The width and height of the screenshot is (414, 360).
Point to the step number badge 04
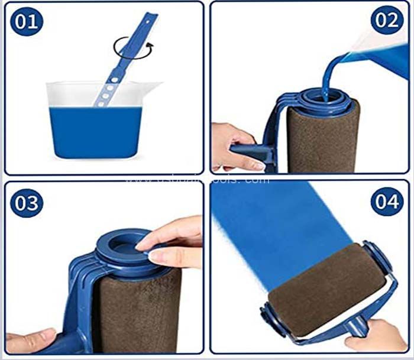[387, 203]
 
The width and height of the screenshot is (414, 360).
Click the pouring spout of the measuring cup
[155, 87]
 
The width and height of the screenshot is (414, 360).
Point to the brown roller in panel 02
[322, 139]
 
